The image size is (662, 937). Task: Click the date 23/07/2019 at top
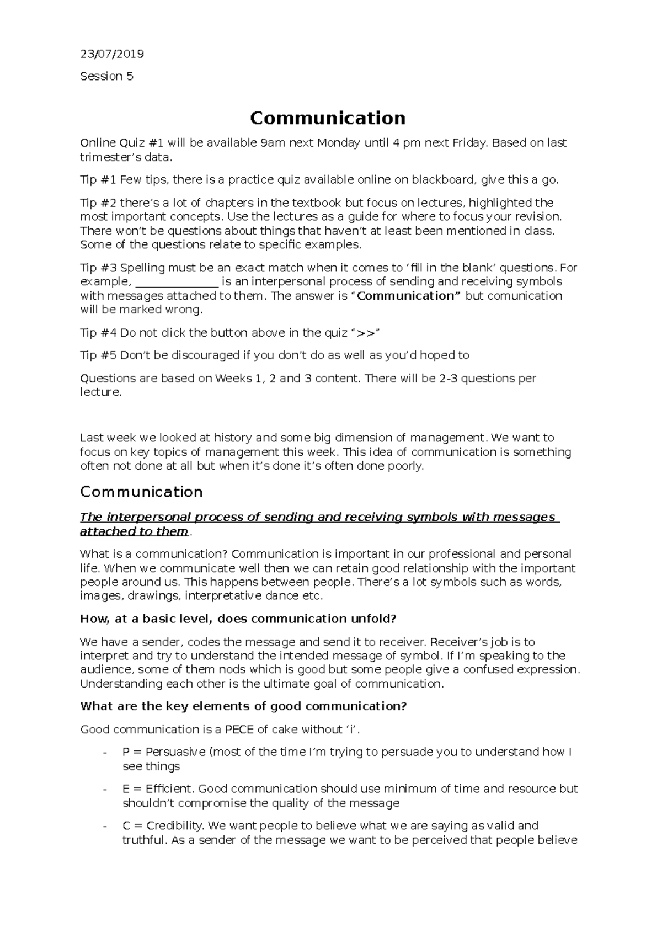tap(112, 54)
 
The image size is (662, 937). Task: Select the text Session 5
tap(106, 76)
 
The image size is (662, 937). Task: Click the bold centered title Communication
tap(328, 118)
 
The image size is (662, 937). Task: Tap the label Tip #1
tap(98, 180)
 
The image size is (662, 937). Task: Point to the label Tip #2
tap(98, 203)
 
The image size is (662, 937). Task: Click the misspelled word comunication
tap(523, 296)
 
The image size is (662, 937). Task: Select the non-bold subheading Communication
tap(141, 492)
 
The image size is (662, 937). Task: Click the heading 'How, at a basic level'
tap(238, 619)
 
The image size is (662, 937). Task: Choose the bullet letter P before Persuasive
tap(126, 752)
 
